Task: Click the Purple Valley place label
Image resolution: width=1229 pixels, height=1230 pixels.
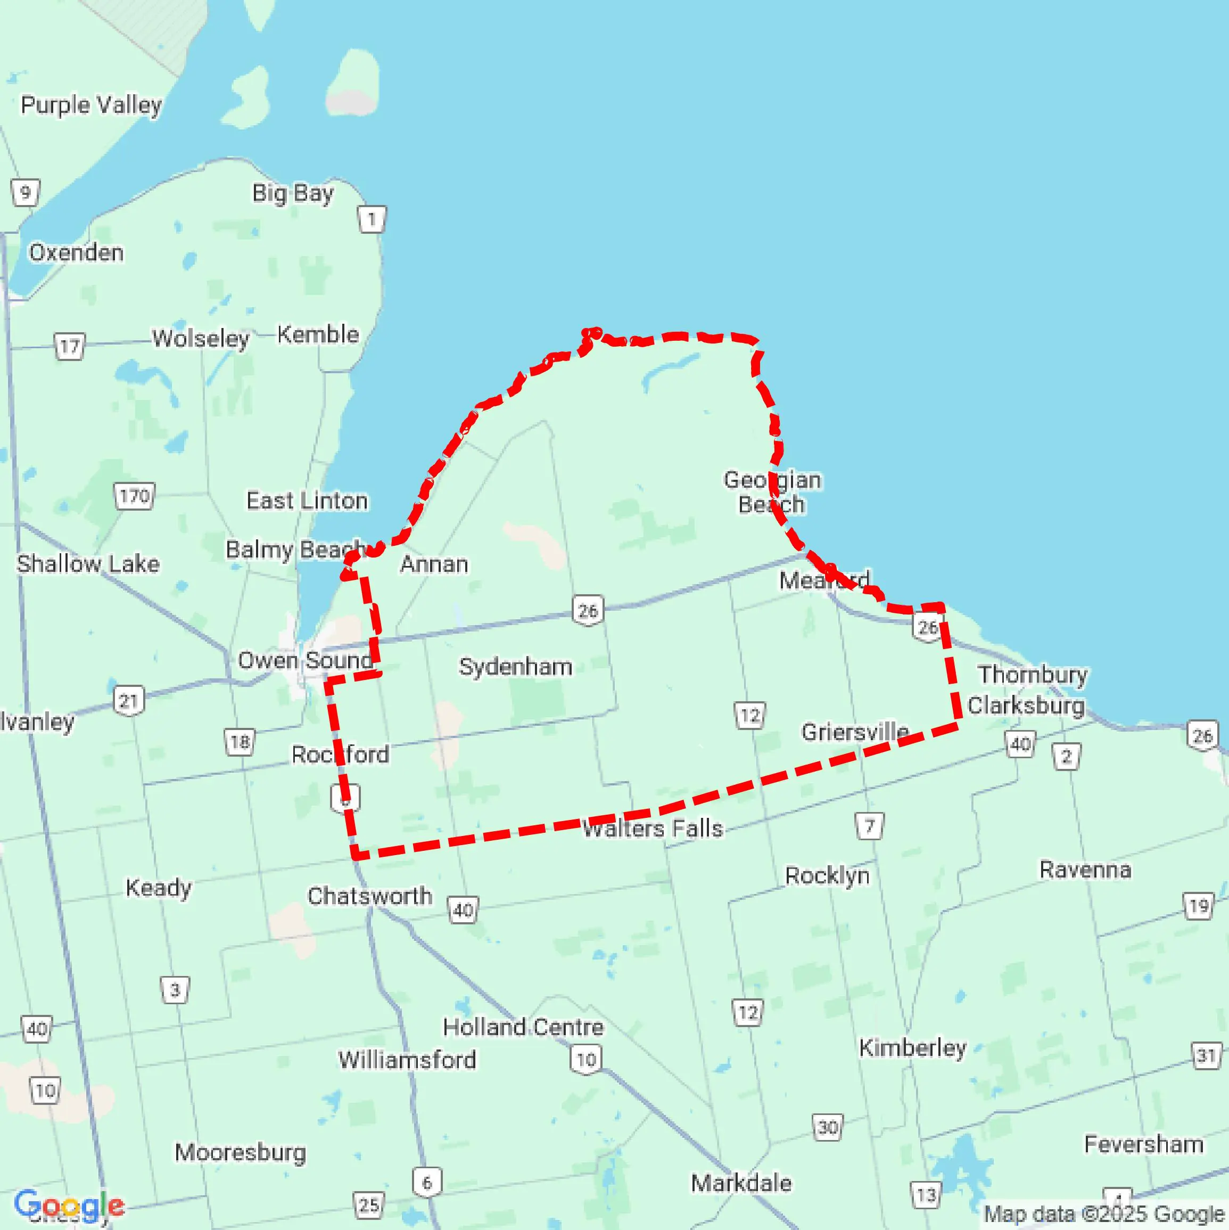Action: tap(91, 105)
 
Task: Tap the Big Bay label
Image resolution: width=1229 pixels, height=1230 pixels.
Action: tap(293, 192)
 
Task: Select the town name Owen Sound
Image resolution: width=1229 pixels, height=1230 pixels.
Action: tap(305, 660)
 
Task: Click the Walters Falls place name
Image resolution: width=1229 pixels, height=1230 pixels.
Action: tap(653, 829)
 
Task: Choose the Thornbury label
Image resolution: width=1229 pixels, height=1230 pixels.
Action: tap(1033, 674)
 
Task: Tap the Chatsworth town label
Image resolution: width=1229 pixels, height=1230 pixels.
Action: tap(369, 896)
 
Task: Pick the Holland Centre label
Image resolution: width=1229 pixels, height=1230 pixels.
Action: tap(523, 1027)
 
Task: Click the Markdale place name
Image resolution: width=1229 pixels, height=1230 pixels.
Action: tap(741, 1183)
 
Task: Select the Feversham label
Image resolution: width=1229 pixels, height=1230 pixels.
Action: tap(1143, 1144)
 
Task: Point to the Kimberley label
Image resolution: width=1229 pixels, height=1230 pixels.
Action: tap(912, 1047)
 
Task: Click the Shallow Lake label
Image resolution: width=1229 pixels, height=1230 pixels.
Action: tap(88, 563)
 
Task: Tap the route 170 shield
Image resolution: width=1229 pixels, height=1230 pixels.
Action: tap(134, 496)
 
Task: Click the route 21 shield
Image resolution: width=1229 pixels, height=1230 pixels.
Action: tap(129, 701)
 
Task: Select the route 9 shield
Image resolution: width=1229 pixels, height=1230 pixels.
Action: tap(26, 192)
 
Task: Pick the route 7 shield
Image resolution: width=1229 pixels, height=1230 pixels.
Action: tap(869, 826)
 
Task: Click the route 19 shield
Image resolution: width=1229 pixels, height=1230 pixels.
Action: tap(1199, 905)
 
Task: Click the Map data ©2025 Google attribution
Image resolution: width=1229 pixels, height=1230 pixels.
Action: tap(1105, 1213)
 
